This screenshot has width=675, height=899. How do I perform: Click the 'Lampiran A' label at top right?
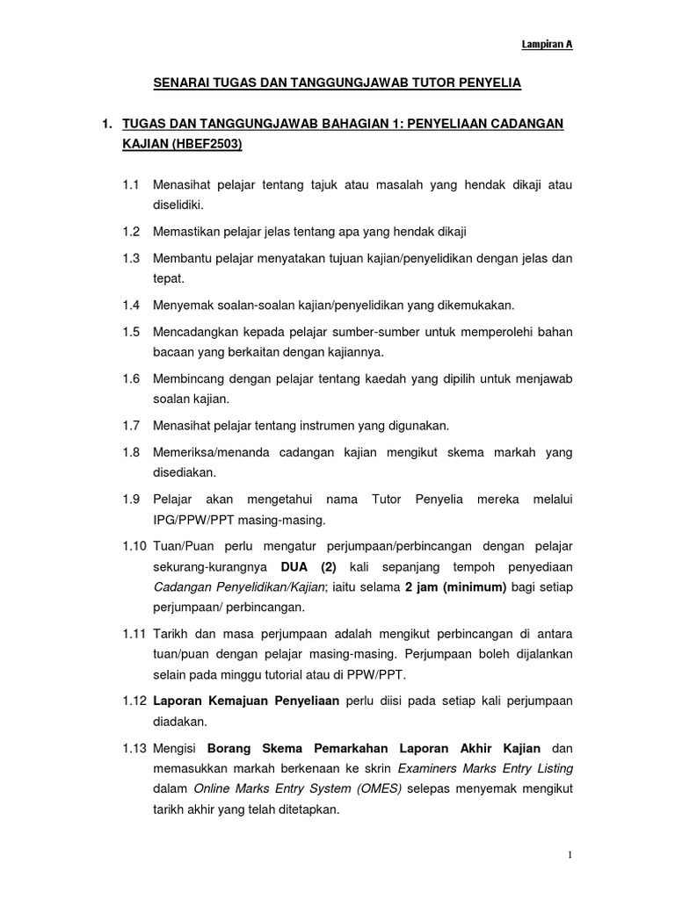(x=549, y=45)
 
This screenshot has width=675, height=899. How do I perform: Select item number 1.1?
(x=132, y=186)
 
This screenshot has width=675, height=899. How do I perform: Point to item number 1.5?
(x=132, y=332)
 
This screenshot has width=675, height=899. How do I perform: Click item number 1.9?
(x=132, y=499)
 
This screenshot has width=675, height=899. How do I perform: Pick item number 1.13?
(x=134, y=748)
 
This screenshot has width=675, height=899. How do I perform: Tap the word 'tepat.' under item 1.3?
(x=168, y=279)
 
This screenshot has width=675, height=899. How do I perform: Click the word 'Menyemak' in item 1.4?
(x=181, y=305)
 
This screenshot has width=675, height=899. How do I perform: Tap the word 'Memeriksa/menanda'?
(x=208, y=451)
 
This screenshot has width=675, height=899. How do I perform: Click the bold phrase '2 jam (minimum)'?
(x=455, y=586)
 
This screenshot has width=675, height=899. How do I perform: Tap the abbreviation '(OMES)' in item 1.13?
(x=378, y=788)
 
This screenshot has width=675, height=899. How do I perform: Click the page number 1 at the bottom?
(x=570, y=855)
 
